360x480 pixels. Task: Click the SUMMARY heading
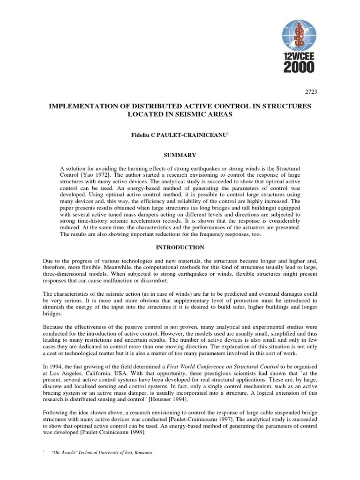(180, 155)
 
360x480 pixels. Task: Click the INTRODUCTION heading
(180, 247)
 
